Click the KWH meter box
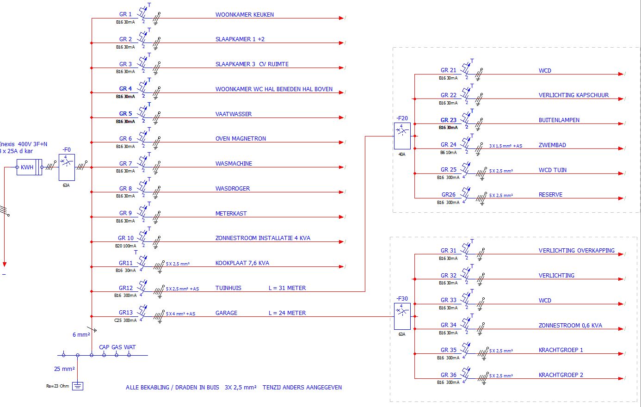click(27, 167)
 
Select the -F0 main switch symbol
click(67, 167)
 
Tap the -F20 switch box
click(402, 136)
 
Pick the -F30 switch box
click(402, 316)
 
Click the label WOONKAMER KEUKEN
click(244, 15)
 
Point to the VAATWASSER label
click(234, 114)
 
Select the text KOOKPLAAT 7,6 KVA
click(242, 263)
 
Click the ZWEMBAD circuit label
click(552, 145)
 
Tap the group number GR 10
click(125, 238)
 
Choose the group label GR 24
click(448, 145)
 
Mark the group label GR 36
click(448, 375)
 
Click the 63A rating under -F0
click(66, 185)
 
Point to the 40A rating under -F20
click(401, 154)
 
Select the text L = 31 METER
click(287, 288)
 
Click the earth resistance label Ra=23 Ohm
click(57, 386)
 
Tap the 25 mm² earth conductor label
click(64, 369)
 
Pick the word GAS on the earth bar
click(117, 347)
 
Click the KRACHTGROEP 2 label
click(561, 375)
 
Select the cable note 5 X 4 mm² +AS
click(180, 314)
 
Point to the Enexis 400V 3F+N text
click(23, 144)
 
